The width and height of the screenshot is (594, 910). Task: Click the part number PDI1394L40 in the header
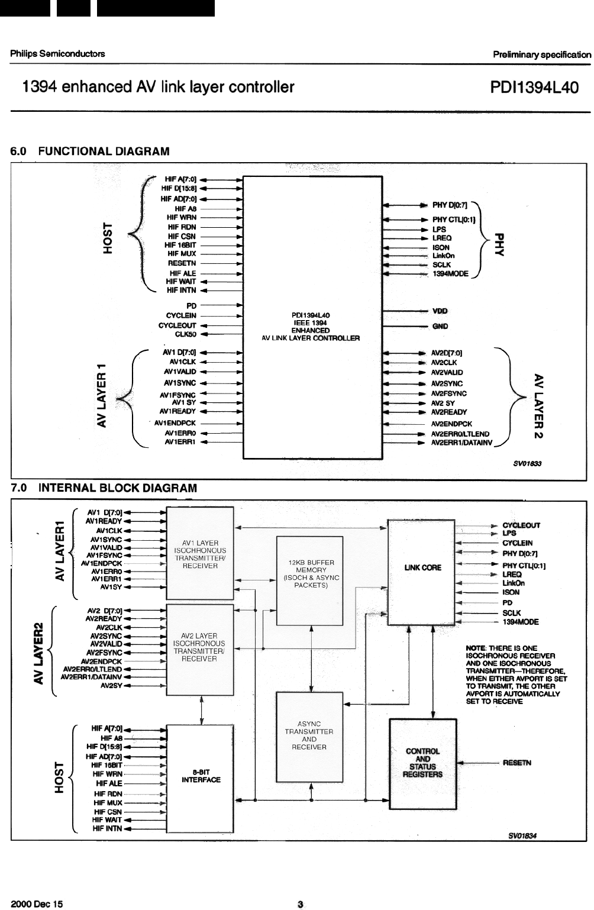534,88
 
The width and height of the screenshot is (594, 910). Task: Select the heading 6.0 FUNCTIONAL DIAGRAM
89,151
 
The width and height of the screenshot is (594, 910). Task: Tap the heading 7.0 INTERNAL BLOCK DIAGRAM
104,488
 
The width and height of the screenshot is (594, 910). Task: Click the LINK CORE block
422,572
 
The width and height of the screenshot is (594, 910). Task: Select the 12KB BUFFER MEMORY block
310,580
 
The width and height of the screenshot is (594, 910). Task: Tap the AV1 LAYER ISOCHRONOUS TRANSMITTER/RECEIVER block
200,554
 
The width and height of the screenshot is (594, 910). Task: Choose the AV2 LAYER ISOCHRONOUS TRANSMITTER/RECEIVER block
200,647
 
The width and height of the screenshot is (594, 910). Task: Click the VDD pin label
440,311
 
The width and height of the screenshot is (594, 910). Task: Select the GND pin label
440,326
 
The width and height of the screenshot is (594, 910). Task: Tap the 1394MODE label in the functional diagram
450,274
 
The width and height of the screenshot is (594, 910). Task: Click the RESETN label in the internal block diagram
516,763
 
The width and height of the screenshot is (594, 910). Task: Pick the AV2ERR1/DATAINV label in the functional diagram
461,443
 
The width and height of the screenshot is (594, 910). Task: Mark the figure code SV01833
527,464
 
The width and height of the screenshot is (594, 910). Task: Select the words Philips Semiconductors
57,53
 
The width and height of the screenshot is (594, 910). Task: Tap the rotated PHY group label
501,243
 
